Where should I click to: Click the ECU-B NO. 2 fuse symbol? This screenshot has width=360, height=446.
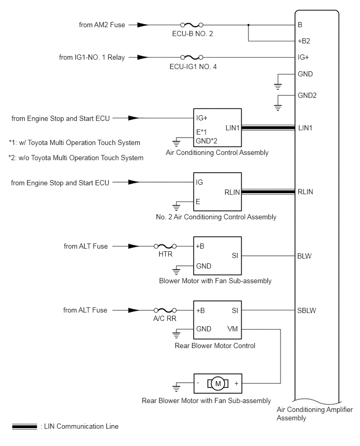pyautogui.click(x=192, y=25)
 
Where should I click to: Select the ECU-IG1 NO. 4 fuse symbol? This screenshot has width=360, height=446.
pyautogui.click(x=192, y=58)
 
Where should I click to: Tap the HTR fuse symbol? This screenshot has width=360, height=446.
pyautogui.click(x=165, y=247)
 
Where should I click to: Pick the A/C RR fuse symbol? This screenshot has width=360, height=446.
pyautogui.click(x=165, y=310)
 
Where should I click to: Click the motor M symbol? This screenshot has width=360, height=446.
pyautogui.click(x=218, y=384)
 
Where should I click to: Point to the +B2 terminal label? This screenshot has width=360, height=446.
pyautogui.click(x=303, y=41)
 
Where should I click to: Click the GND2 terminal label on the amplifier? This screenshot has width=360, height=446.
pyautogui.click(x=307, y=96)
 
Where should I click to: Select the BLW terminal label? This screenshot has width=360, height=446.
pyautogui.click(x=304, y=257)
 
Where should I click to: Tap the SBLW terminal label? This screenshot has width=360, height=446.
pyautogui.click(x=307, y=310)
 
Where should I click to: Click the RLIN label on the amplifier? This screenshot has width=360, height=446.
pyautogui.click(x=305, y=192)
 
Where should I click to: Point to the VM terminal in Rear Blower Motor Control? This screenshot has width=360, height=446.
pyautogui.click(x=232, y=329)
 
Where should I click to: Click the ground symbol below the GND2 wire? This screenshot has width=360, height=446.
pyautogui.click(x=278, y=108)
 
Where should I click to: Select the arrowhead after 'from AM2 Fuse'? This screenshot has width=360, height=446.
pyautogui.click(x=143, y=25)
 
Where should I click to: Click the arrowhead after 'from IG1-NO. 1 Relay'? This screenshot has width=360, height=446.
pyautogui.click(x=143, y=58)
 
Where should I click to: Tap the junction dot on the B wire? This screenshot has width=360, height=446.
pyautogui.click(x=248, y=25)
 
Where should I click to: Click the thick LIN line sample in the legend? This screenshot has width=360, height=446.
pyautogui.click(x=25, y=427)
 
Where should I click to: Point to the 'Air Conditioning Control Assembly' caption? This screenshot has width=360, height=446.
pyautogui.click(x=217, y=153)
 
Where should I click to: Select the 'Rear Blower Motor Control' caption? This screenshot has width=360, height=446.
pyautogui.click(x=215, y=346)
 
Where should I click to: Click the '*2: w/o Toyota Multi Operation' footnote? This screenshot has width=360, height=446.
pyautogui.click(x=76, y=158)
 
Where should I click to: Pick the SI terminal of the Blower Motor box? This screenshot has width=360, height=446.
pyautogui.click(x=235, y=255)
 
